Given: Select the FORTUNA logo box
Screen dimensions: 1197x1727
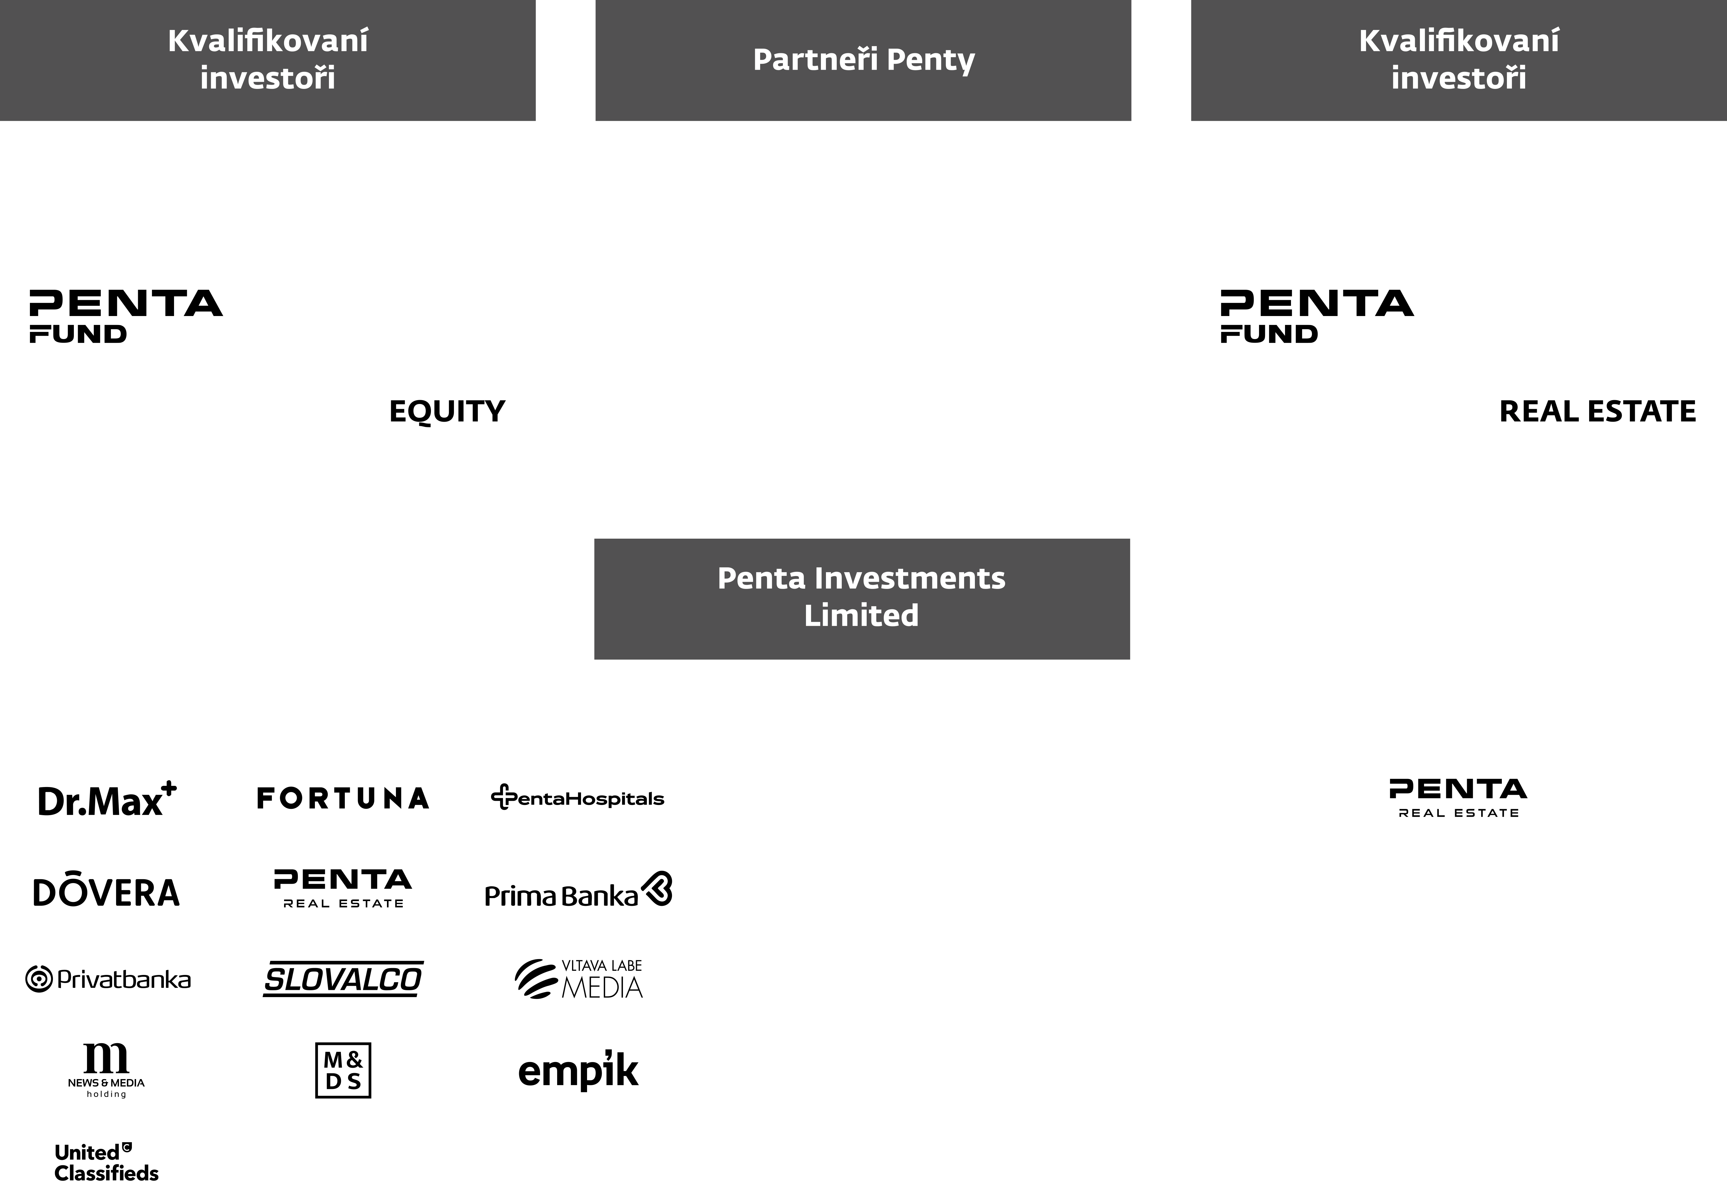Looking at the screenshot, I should click(342, 797).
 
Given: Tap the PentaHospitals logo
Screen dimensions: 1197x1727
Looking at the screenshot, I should click(577, 797).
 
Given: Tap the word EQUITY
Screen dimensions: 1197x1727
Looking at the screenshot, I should click(447, 411).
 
